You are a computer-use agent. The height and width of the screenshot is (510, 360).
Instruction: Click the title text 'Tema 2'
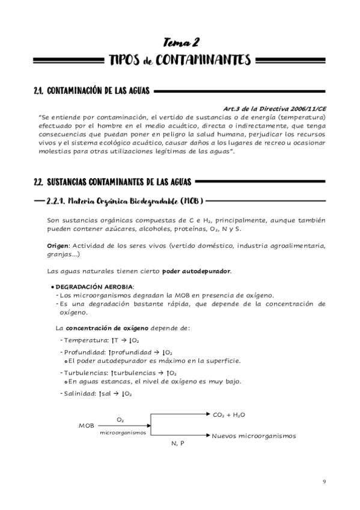click(x=180, y=41)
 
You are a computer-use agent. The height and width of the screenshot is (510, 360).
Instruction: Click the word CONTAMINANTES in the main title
click(x=201, y=60)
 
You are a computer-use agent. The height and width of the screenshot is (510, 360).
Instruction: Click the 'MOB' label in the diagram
click(x=87, y=425)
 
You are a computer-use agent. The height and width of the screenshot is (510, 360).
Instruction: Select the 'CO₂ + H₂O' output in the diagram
click(x=229, y=415)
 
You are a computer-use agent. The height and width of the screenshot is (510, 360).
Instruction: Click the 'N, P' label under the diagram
click(x=178, y=443)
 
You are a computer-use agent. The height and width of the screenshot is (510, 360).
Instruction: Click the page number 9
click(x=325, y=481)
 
